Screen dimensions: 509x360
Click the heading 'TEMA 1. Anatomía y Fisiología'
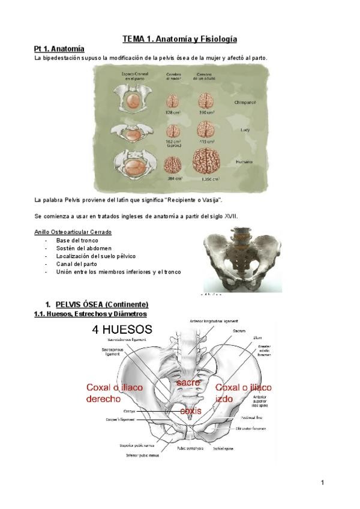[179, 39]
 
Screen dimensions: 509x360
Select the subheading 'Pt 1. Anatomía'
[59, 48]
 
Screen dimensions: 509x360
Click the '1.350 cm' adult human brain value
[207, 178]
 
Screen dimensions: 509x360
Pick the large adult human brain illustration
[206, 161]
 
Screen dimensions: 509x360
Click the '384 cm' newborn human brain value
[173, 178]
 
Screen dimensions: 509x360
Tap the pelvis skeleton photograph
[242, 260]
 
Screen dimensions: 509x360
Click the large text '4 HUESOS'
[122, 329]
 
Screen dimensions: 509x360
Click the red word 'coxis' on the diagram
[191, 410]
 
